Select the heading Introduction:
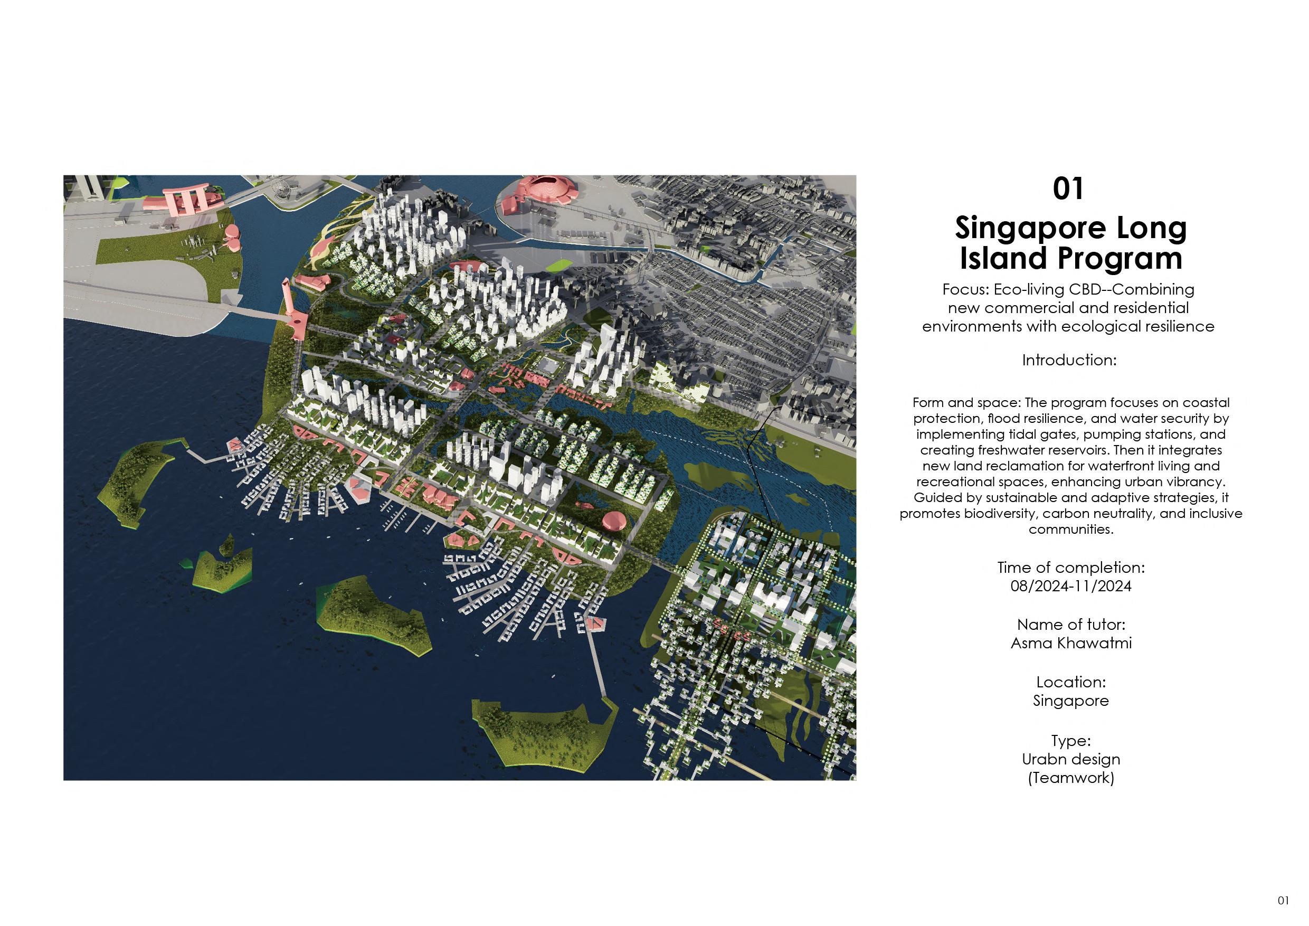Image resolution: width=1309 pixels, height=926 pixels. click(1069, 361)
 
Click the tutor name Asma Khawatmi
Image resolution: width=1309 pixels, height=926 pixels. click(1071, 643)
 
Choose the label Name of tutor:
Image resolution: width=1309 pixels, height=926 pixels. click(1071, 625)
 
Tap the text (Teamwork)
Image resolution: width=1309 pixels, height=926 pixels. click(1071, 778)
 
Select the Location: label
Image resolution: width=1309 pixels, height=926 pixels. click(1071, 682)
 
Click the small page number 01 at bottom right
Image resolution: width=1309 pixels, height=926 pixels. click(1283, 900)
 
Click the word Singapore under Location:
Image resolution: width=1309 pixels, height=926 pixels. click(1071, 701)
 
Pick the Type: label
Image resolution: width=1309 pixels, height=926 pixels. click(1071, 741)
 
